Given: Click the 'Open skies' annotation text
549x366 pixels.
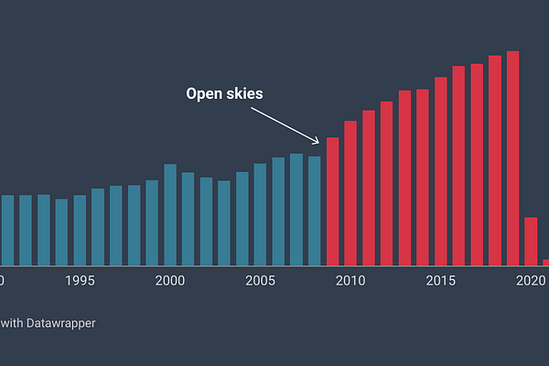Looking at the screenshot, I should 224,93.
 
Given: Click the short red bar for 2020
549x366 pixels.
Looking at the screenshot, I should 531,242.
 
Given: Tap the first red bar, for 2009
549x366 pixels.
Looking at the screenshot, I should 333,201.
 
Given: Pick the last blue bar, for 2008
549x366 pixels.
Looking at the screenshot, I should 315,210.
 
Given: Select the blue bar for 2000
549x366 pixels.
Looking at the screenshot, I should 170,215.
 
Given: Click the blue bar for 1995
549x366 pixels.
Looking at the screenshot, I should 80,230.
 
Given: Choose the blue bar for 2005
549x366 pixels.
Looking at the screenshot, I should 261,214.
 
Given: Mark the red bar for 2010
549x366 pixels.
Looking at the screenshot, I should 350,193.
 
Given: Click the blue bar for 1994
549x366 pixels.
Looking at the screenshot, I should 61,232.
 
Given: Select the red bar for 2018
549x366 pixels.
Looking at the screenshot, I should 495,161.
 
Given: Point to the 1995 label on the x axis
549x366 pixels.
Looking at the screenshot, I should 80,280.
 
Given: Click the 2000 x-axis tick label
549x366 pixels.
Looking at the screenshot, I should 170,280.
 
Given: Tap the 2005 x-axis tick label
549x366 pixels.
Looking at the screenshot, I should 261,280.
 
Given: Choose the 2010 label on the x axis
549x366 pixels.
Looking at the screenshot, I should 350,280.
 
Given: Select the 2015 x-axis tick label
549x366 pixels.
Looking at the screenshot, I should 441,280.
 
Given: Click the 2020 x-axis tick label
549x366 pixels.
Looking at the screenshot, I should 531,280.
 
